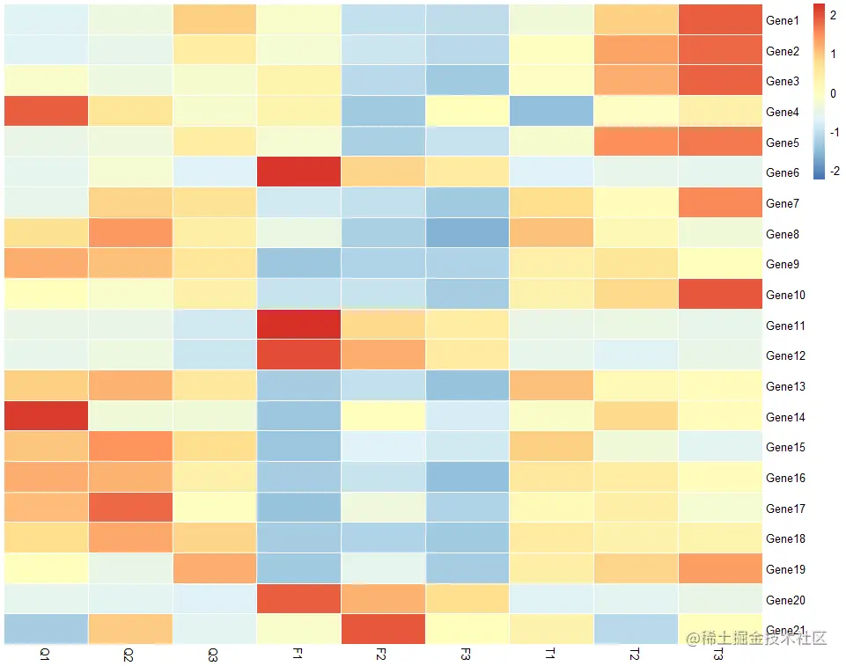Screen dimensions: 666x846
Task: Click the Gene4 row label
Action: (782, 112)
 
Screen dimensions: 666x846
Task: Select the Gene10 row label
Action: (785, 295)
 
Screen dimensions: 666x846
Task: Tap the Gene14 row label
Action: (785, 417)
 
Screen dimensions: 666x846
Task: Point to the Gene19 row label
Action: (785, 569)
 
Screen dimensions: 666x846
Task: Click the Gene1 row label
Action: (782, 20)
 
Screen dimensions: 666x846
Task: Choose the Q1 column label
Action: (45, 655)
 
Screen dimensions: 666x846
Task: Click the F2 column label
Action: (381, 655)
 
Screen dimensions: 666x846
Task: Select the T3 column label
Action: (718, 655)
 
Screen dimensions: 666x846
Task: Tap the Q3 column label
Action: (213, 655)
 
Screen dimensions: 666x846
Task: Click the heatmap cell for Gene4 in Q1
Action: (46, 112)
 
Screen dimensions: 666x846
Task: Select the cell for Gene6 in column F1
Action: (298, 172)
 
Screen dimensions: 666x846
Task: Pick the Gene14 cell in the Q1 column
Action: (46, 417)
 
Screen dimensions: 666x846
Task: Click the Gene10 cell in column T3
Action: (719, 295)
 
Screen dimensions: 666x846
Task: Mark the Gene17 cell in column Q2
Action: (129, 509)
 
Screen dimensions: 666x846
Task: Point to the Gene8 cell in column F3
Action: (467, 233)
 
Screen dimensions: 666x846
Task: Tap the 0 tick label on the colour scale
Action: (835, 92)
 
